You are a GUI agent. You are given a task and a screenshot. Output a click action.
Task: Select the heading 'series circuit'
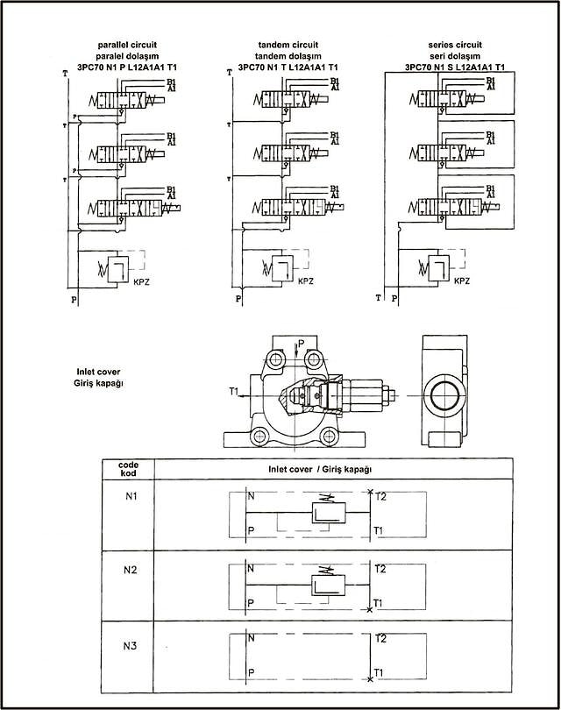[x=455, y=43]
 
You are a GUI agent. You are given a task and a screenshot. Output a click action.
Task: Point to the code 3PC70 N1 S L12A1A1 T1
[x=455, y=67]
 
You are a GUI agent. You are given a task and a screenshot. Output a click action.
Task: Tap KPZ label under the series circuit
[x=461, y=280]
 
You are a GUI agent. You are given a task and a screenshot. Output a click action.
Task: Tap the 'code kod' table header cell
[x=129, y=468]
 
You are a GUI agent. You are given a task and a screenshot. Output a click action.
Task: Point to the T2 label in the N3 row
[x=379, y=639]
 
